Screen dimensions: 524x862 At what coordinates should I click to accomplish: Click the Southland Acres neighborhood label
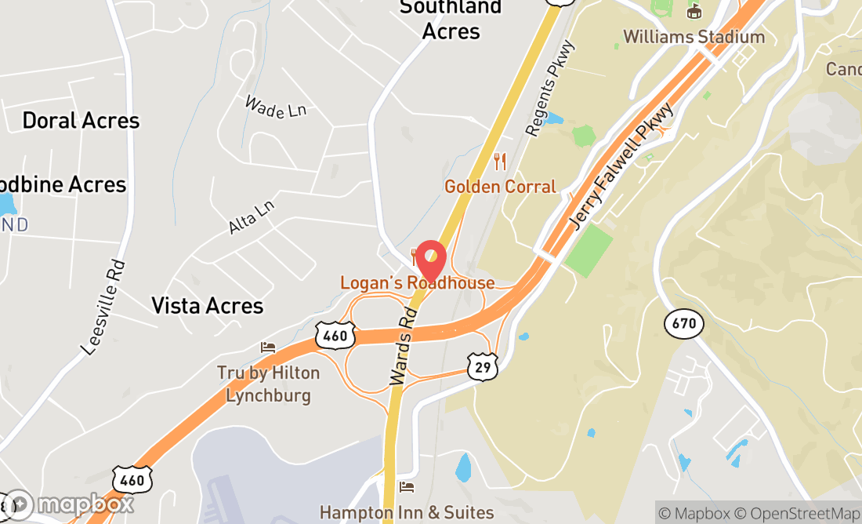[451, 20]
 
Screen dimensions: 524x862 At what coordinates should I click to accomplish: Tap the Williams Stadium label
[694, 37]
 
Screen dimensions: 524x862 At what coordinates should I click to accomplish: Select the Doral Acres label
[81, 121]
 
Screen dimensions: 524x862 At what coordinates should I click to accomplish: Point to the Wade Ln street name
[275, 107]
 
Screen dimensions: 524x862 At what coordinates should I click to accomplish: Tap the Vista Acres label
[207, 305]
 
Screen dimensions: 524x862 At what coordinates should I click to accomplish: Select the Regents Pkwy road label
[552, 89]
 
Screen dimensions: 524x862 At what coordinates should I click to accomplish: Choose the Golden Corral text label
[500, 187]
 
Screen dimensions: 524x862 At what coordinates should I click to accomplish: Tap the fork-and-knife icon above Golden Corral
[500, 162]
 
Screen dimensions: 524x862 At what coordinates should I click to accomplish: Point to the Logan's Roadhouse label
[417, 282]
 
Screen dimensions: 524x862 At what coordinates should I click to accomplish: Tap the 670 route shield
[683, 323]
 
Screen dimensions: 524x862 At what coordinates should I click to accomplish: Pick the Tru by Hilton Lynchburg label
[268, 384]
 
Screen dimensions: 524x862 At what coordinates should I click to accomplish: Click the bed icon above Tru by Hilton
[268, 347]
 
